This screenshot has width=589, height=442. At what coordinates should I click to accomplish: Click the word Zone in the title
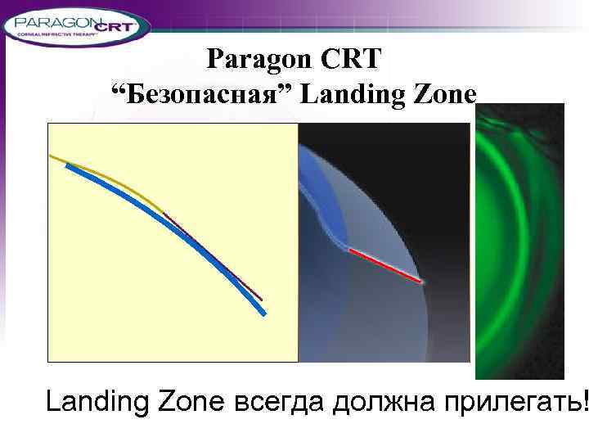coord(445,95)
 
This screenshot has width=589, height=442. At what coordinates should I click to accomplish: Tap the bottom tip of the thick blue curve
coord(263,313)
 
